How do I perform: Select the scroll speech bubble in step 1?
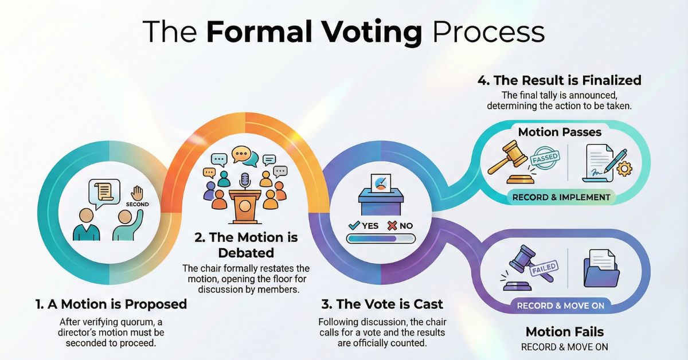click(x=104, y=193)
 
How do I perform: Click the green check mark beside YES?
click(x=354, y=225)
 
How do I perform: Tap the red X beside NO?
click(x=392, y=225)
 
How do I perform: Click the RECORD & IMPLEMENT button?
click(x=561, y=197)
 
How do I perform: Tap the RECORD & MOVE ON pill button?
click(x=560, y=306)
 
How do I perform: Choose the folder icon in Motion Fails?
click(x=600, y=271)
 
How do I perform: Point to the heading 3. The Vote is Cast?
click(x=381, y=304)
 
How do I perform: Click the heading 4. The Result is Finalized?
click(x=559, y=80)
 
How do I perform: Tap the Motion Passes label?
click(x=560, y=132)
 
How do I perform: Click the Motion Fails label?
click(x=564, y=332)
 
